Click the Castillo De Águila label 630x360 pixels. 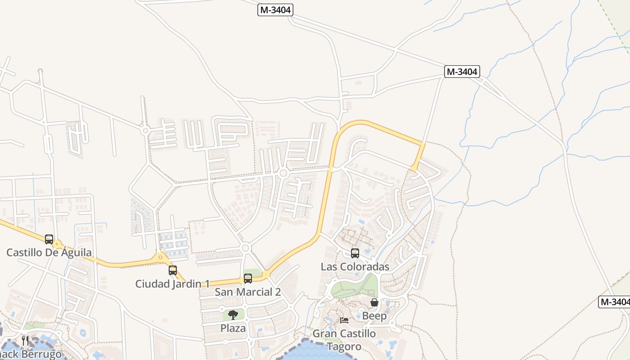point(49,252)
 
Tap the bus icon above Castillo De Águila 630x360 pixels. point(49,239)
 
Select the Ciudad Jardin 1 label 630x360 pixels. point(172,284)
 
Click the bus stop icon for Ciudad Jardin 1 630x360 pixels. point(173,270)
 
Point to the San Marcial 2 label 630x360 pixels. point(247,292)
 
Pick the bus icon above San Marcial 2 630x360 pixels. point(248,279)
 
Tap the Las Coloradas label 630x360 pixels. point(355,267)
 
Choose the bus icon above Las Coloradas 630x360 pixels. point(355,253)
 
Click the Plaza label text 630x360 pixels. point(233,328)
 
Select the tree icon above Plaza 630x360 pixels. point(233,315)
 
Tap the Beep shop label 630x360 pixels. point(374,316)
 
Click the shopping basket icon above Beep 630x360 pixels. point(374,302)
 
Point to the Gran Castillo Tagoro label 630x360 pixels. point(344,340)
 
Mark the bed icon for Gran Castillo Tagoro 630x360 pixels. point(344,320)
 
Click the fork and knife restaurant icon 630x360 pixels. point(25,341)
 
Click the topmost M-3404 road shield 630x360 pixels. point(275,10)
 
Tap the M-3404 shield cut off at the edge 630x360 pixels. point(614,302)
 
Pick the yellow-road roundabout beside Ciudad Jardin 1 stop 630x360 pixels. point(161,258)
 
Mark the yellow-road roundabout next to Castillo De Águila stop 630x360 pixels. point(57,244)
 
